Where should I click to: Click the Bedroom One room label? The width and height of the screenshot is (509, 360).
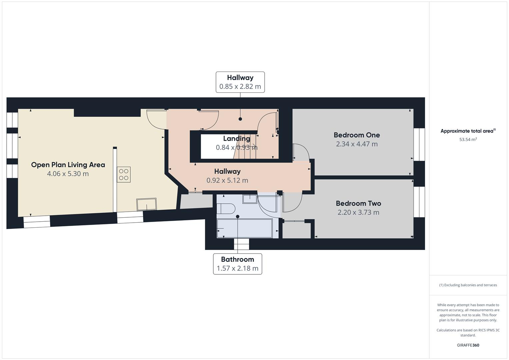357,135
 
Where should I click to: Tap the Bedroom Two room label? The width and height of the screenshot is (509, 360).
358,203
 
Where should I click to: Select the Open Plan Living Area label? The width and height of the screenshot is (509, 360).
68,165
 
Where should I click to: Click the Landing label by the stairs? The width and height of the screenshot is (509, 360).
236,139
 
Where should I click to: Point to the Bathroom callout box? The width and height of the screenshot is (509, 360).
237,264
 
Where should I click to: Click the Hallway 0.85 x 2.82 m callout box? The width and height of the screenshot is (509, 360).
240,82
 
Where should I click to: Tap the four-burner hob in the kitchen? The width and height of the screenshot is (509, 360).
124,175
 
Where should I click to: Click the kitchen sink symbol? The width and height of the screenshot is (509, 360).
146,204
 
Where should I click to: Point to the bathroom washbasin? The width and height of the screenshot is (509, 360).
250,199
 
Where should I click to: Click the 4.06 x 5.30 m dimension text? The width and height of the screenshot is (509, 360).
68,174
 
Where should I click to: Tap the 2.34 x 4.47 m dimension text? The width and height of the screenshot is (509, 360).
357,144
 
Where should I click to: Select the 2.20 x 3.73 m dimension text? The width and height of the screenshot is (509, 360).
358,212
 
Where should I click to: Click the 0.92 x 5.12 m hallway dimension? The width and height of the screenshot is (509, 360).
227,180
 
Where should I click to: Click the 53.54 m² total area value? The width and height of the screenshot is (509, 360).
468,140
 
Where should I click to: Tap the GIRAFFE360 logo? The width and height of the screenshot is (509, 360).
468,345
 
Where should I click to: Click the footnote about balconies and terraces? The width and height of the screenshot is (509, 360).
468,285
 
